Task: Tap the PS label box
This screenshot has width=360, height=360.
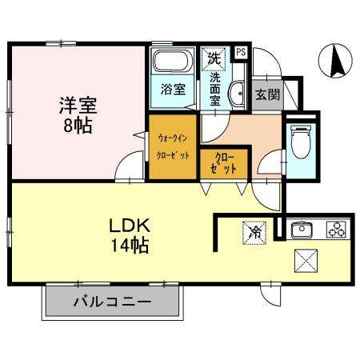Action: [x=241, y=54]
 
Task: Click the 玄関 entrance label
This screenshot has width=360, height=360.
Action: [x=266, y=94]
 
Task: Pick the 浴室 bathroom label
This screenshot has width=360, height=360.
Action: [x=173, y=89]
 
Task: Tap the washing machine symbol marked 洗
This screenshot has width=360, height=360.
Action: [x=214, y=57]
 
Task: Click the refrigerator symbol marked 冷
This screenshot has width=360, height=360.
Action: [x=252, y=233]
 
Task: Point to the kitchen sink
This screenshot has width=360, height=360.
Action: [x=303, y=231]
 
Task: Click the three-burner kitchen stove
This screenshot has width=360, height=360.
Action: [x=335, y=230]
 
